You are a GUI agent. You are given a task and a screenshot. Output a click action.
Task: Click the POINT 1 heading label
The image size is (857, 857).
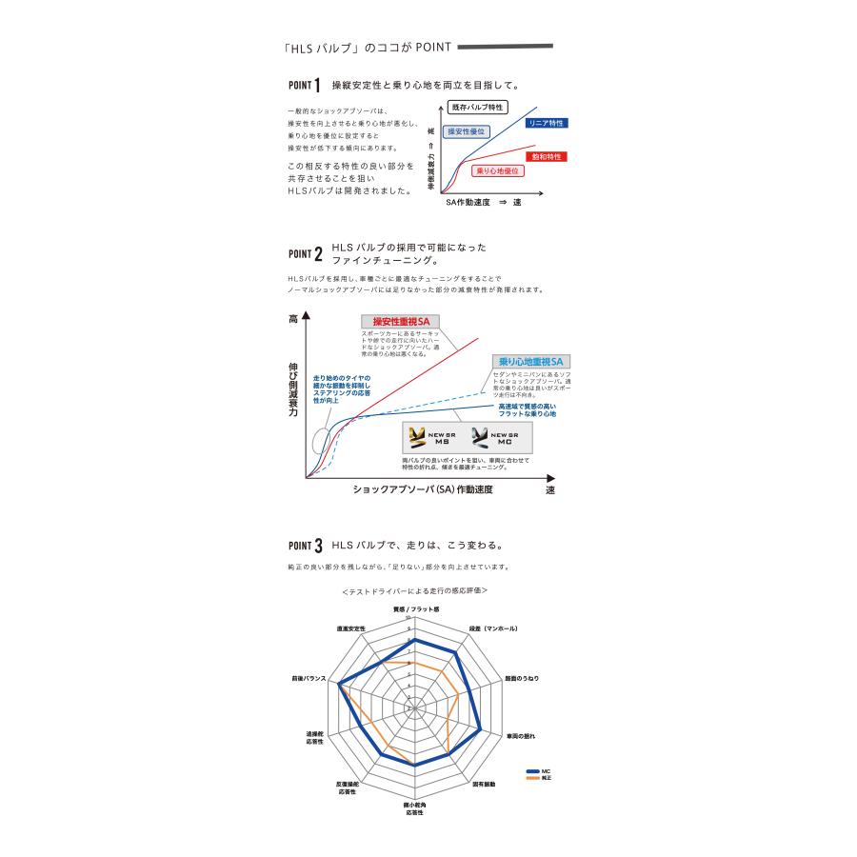tap(304, 86)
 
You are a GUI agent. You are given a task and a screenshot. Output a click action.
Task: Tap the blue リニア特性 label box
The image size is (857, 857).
tap(548, 124)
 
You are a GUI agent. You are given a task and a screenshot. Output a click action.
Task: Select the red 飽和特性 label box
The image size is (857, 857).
tap(547, 156)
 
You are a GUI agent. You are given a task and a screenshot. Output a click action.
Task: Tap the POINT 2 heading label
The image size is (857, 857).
tap(305, 254)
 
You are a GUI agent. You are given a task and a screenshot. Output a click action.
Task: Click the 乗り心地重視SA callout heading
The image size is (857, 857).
tap(531, 362)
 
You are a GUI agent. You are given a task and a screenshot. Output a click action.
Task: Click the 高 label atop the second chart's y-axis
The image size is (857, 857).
tap(293, 321)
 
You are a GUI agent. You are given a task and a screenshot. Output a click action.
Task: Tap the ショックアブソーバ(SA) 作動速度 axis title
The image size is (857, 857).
tap(423, 488)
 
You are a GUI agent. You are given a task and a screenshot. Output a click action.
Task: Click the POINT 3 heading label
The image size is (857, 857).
tap(305, 547)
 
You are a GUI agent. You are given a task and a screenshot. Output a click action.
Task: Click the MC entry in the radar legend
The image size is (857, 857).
tap(538, 770)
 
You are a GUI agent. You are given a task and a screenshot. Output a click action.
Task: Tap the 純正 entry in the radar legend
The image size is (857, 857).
tap(538, 778)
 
